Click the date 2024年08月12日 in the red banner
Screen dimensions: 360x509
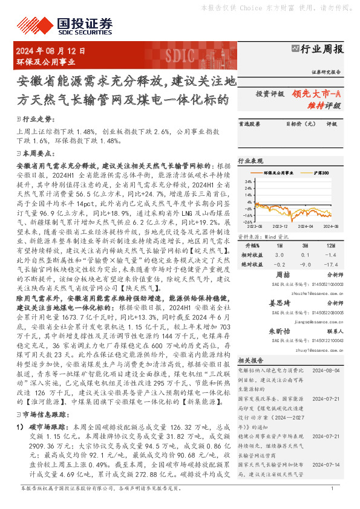pos(51,53)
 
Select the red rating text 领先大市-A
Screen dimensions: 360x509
pos(316,94)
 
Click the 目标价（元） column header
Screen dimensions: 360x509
pos(297,124)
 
